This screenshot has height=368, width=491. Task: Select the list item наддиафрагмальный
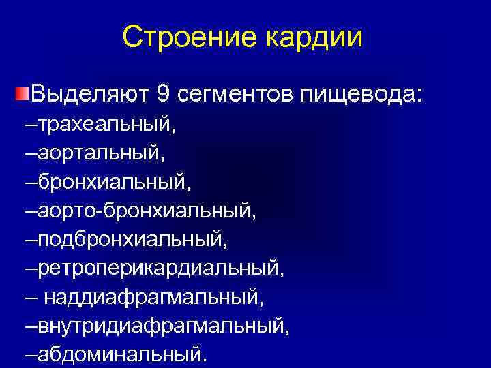pos(153,298)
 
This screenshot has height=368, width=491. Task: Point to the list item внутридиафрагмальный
pos(163,326)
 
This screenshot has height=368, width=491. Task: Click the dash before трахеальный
pos(31,125)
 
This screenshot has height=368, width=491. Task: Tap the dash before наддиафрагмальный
pos(31,298)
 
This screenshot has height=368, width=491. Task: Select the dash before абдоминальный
pos(31,354)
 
